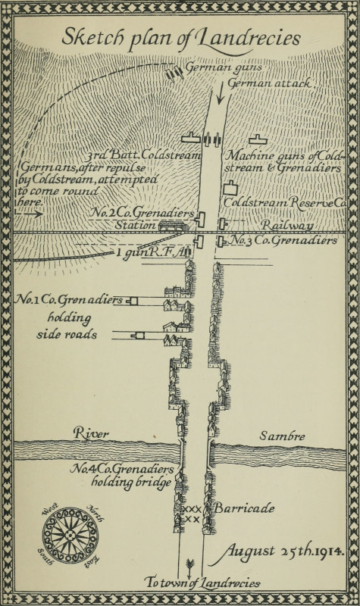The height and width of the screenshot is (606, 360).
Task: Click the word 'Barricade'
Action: click(243, 508)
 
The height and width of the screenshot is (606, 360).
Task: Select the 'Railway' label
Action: click(287, 226)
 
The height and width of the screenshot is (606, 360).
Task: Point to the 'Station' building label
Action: click(137, 225)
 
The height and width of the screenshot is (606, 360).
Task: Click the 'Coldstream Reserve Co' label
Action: click(284, 202)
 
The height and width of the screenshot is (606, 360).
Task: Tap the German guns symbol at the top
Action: click(175, 73)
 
